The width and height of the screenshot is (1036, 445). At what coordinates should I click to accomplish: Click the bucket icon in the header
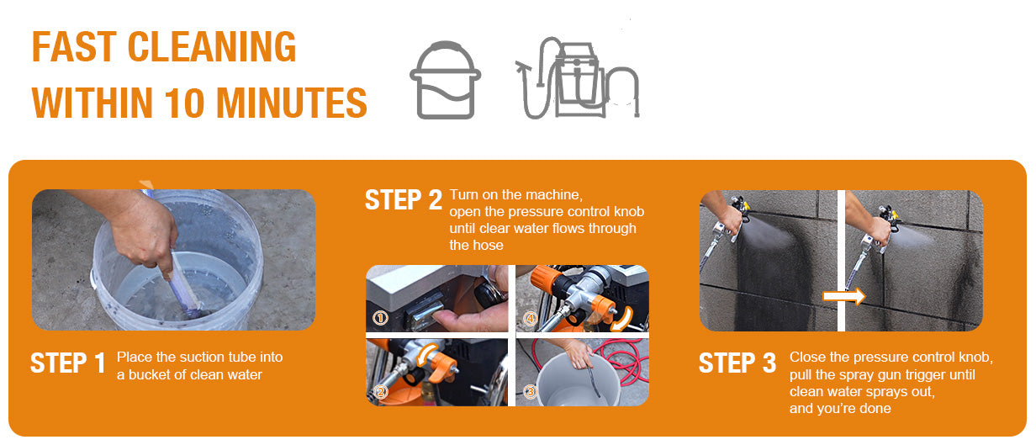click(x=445, y=80)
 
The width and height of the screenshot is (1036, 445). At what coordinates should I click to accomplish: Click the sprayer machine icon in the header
click(x=577, y=77)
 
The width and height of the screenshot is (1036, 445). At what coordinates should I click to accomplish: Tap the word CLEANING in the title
click(x=211, y=47)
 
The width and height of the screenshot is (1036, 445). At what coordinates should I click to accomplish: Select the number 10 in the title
click(x=184, y=103)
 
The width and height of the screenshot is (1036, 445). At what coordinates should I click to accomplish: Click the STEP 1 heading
click(x=68, y=363)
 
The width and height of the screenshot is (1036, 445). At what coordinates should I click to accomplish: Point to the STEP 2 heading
click(x=404, y=200)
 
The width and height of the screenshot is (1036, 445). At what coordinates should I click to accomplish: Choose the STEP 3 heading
click(x=737, y=363)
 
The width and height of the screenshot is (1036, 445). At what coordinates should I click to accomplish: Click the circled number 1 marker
click(x=381, y=318)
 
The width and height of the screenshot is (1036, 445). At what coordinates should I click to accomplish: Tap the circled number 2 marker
click(x=380, y=392)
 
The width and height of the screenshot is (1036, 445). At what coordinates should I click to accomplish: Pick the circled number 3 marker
click(x=531, y=392)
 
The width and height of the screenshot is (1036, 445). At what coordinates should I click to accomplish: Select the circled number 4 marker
click(x=531, y=318)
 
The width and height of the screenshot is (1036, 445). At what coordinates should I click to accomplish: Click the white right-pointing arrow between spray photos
click(x=844, y=296)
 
